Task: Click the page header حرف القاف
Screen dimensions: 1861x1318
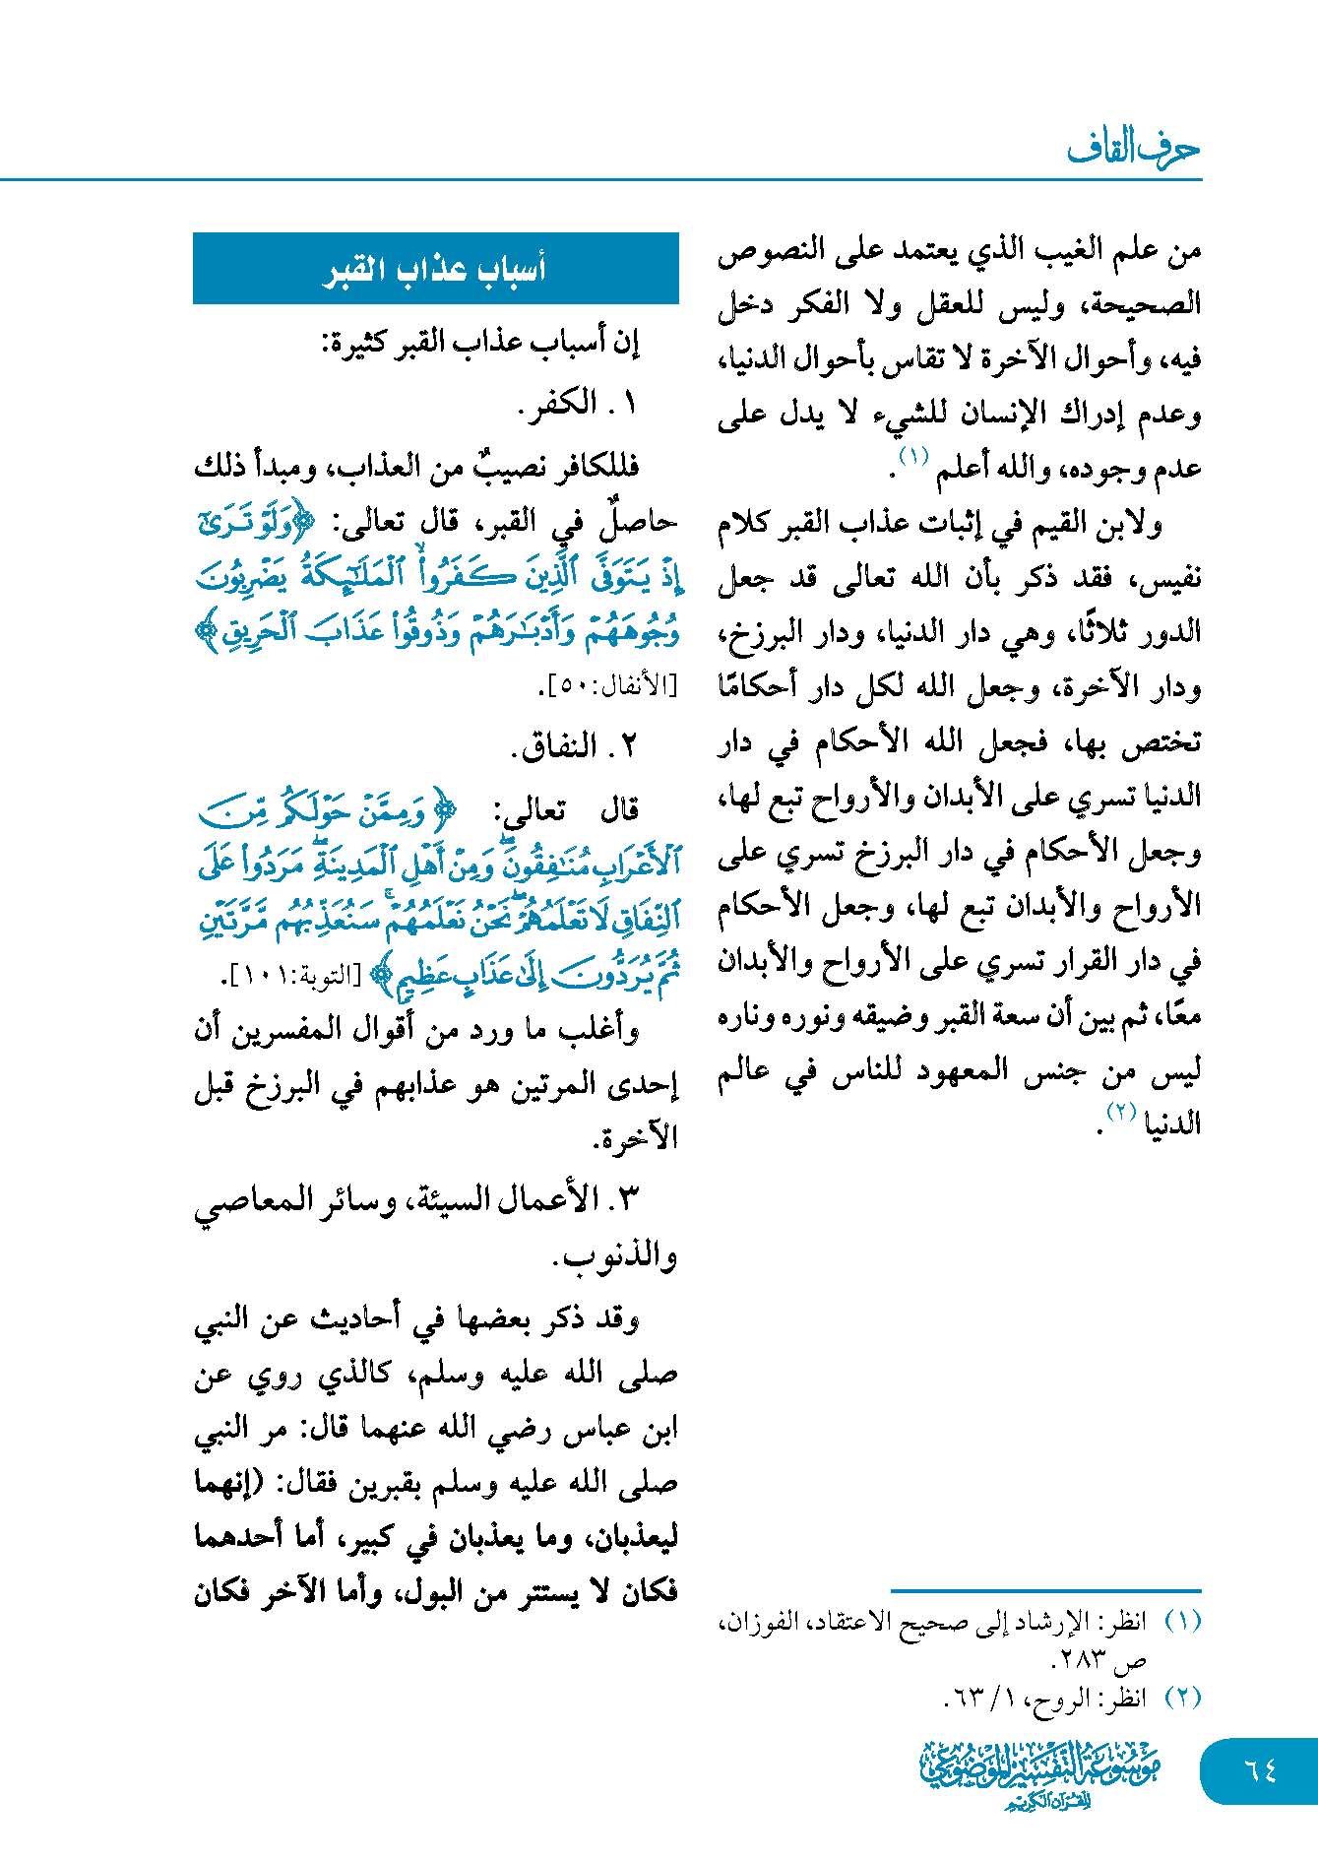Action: (x=1133, y=149)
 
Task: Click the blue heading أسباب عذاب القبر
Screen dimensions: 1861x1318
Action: (x=435, y=269)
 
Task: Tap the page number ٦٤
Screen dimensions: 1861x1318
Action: (x=1260, y=1770)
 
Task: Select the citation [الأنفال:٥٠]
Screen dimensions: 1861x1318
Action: (x=610, y=686)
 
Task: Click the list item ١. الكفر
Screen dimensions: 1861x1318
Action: (x=577, y=404)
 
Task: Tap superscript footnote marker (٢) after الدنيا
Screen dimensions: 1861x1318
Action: (x=1122, y=1113)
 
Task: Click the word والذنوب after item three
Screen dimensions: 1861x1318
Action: (x=616, y=1257)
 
